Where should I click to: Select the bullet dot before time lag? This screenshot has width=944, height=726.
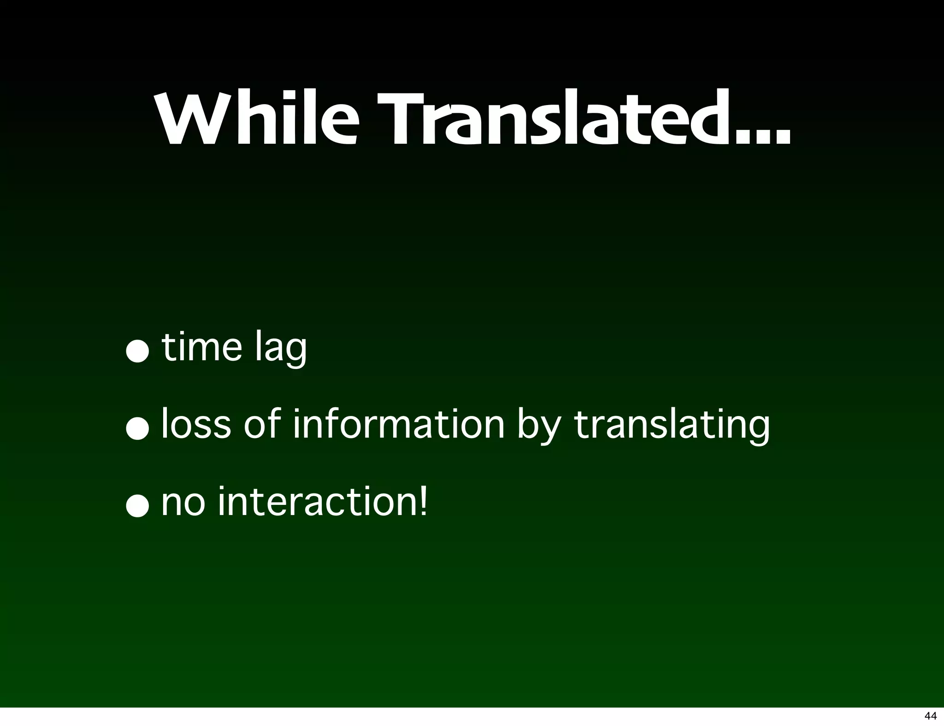click(x=138, y=352)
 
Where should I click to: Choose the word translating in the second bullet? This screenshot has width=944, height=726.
click(x=672, y=426)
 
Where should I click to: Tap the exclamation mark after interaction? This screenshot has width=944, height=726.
click(x=423, y=501)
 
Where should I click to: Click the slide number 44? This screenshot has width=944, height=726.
click(x=930, y=715)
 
